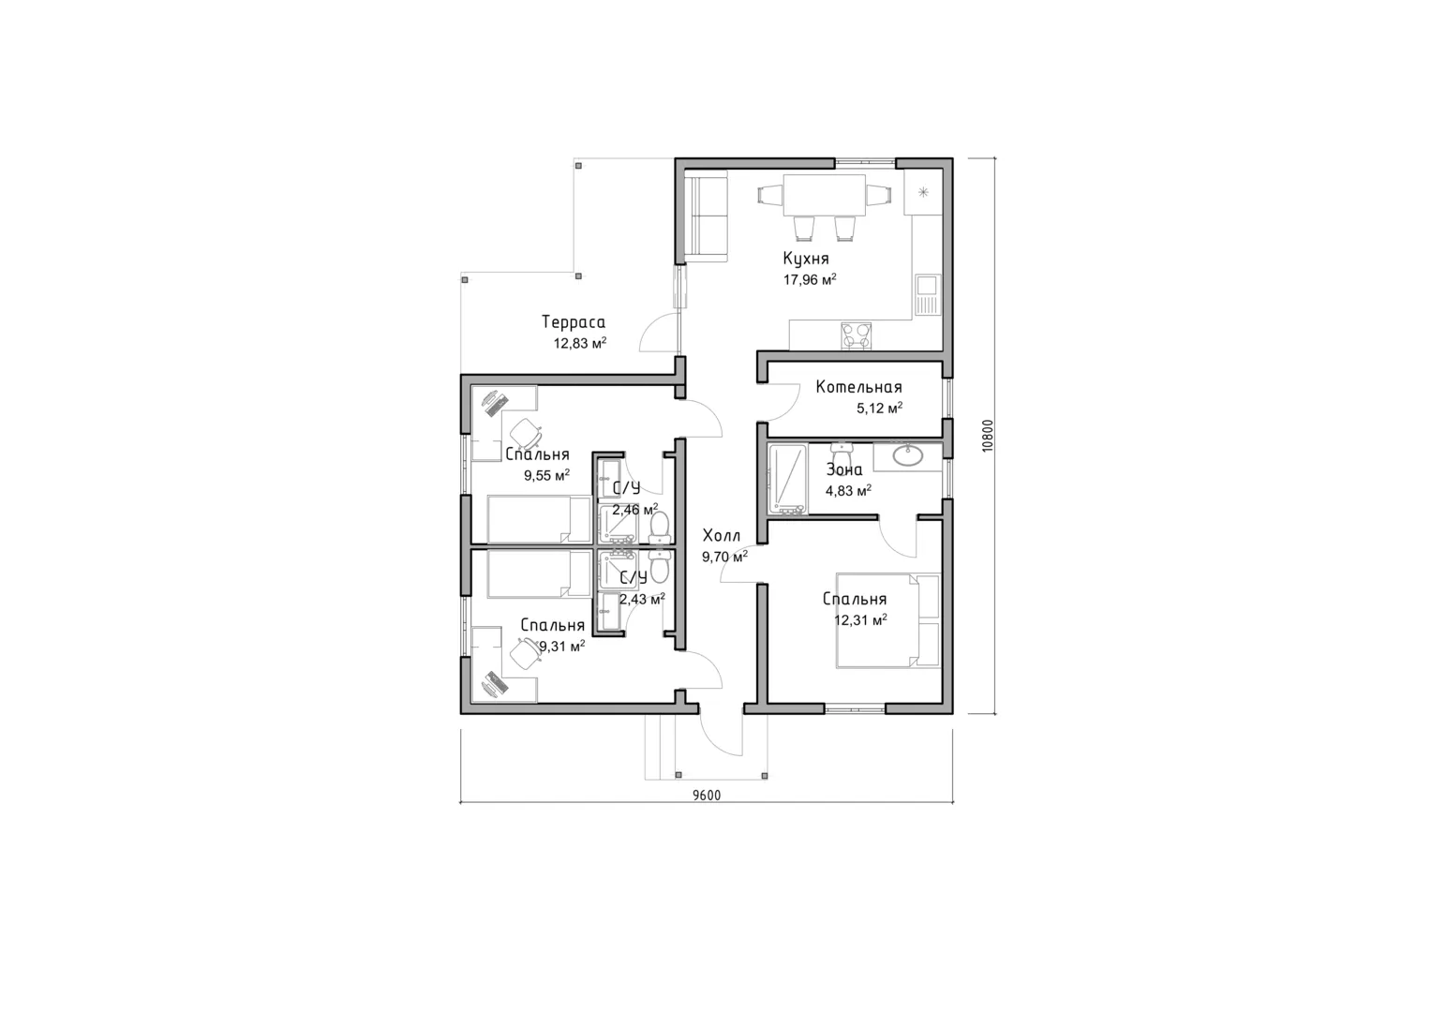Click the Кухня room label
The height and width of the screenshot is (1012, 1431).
pos(806,259)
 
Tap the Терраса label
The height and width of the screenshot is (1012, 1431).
pos(573,322)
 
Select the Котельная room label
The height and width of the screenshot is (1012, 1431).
pos(858,387)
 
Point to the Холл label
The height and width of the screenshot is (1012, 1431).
pos(722,535)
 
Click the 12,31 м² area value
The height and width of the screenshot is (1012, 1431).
pos(860,619)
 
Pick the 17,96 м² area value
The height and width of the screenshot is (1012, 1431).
pos(810,279)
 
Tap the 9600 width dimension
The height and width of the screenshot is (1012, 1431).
pos(707,796)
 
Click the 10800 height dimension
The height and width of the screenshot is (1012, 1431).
pos(989,436)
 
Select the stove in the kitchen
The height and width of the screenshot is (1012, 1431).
pos(856,336)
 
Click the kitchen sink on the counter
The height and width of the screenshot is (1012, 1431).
pos(927,294)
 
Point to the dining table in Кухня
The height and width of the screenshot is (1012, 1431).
pos(824,196)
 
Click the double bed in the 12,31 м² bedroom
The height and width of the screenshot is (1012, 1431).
pos(888,621)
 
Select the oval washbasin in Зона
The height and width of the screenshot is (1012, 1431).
pos(907,454)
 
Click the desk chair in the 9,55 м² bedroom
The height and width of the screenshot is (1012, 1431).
pos(527,433)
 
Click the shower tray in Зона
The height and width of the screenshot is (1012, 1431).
pos(788,479)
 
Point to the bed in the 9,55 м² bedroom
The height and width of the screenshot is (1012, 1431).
pos(539,519)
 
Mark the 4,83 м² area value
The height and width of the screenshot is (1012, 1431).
pos(848,491)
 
